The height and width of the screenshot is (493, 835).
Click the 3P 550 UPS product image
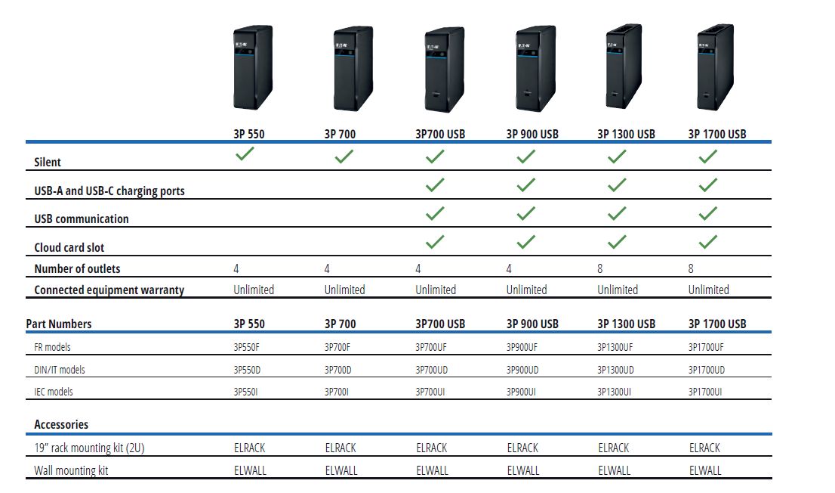pos(253,67)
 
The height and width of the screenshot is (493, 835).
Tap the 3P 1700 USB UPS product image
pos(715,67)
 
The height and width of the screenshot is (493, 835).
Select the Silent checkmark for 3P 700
pos(344,157)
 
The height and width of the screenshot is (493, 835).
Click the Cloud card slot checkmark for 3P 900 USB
pos(526,242)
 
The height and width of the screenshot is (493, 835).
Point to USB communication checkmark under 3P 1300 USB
pos(618,213)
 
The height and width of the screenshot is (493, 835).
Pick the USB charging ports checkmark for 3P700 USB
pos(435,184)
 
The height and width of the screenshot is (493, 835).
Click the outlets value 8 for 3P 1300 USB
pos(600,268)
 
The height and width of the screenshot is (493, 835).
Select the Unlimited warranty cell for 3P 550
pos(254,290)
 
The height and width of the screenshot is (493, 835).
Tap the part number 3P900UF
pos(522,347)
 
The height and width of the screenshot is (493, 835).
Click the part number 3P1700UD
pos(706,370)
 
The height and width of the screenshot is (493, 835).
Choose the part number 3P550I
pos(245,392)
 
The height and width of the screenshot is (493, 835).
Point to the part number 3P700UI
pos(430,392)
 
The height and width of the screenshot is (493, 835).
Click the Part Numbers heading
pos(59,324)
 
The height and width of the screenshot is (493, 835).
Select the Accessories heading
pos(61,425)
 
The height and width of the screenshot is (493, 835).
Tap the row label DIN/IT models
pos(60,370)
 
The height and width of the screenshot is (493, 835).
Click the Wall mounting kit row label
pos(71,470)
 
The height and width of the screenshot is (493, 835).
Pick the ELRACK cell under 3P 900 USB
pos(522,448)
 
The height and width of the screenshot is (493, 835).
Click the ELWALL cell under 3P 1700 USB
pos(705,470)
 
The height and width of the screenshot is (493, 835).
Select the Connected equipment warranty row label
pos(109,290)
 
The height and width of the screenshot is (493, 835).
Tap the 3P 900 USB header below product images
pos(532,134)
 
